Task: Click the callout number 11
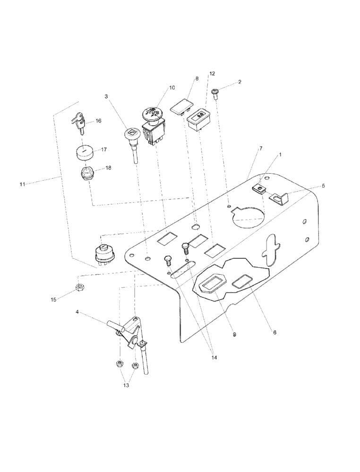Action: [22, 184]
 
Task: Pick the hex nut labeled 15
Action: [79, 288]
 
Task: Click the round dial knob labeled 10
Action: [152, 114]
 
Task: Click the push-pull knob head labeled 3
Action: [132, 134]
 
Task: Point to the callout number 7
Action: [261, 148]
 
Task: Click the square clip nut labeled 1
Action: [258, 189]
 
